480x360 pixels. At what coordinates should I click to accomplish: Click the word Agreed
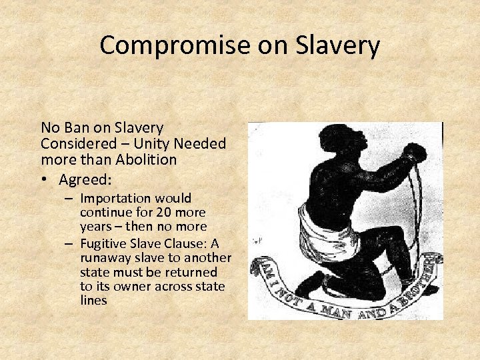click(x=84, y=179)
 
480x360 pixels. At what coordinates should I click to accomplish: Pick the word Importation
click(x=117, y=198)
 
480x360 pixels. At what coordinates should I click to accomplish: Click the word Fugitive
click(x=103, y=243)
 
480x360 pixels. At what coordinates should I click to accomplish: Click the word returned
click(x=193, y=272)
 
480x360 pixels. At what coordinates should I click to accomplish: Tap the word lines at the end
click(x=93, y=301)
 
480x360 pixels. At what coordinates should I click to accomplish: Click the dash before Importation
click(x=69, y=199)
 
